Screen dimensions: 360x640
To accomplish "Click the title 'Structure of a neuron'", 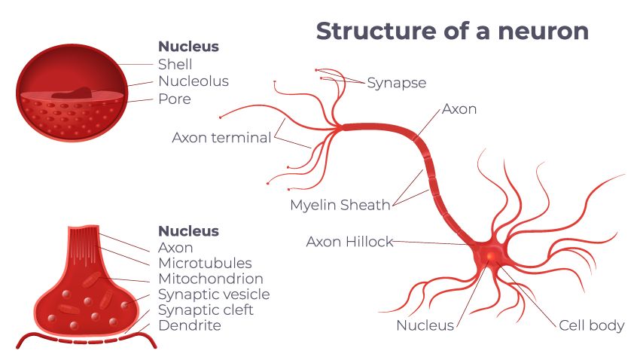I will [x=452, y=32].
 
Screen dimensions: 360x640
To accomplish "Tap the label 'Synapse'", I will [x=397, y=83].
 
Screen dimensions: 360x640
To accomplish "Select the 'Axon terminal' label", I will [x=221, y=138].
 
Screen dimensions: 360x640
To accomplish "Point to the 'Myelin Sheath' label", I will [x=340, y=205].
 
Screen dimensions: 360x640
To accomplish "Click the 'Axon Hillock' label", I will [x=349, y=242].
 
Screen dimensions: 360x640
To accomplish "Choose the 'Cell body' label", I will [x=591, y=325].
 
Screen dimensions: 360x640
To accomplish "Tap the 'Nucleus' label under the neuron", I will [x=425, y=325].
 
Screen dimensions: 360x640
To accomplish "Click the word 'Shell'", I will [x=175, y=64].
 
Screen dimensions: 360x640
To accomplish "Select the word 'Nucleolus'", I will [x=193, y=81].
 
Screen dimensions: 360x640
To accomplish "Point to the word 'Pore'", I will [x=174, y=99].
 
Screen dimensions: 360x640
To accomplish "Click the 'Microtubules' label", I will [x=205, y=263].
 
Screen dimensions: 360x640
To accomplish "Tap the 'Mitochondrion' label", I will [x=211, y=279].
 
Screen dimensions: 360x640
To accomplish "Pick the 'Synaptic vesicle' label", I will [x=213, y=294].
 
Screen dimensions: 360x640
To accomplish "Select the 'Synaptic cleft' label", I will [x=206, y=310].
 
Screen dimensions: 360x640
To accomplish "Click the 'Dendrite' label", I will [x=189, y=326].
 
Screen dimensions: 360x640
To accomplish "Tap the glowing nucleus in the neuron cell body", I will [x=490, y=258].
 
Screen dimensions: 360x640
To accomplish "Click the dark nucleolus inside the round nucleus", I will [x=72, y=93].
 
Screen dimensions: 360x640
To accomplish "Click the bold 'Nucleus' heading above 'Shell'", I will [x=188, y=47].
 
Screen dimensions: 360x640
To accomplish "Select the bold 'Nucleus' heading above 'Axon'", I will [x=188, y=230].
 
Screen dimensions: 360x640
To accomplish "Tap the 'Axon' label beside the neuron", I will [x=459, y=109].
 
